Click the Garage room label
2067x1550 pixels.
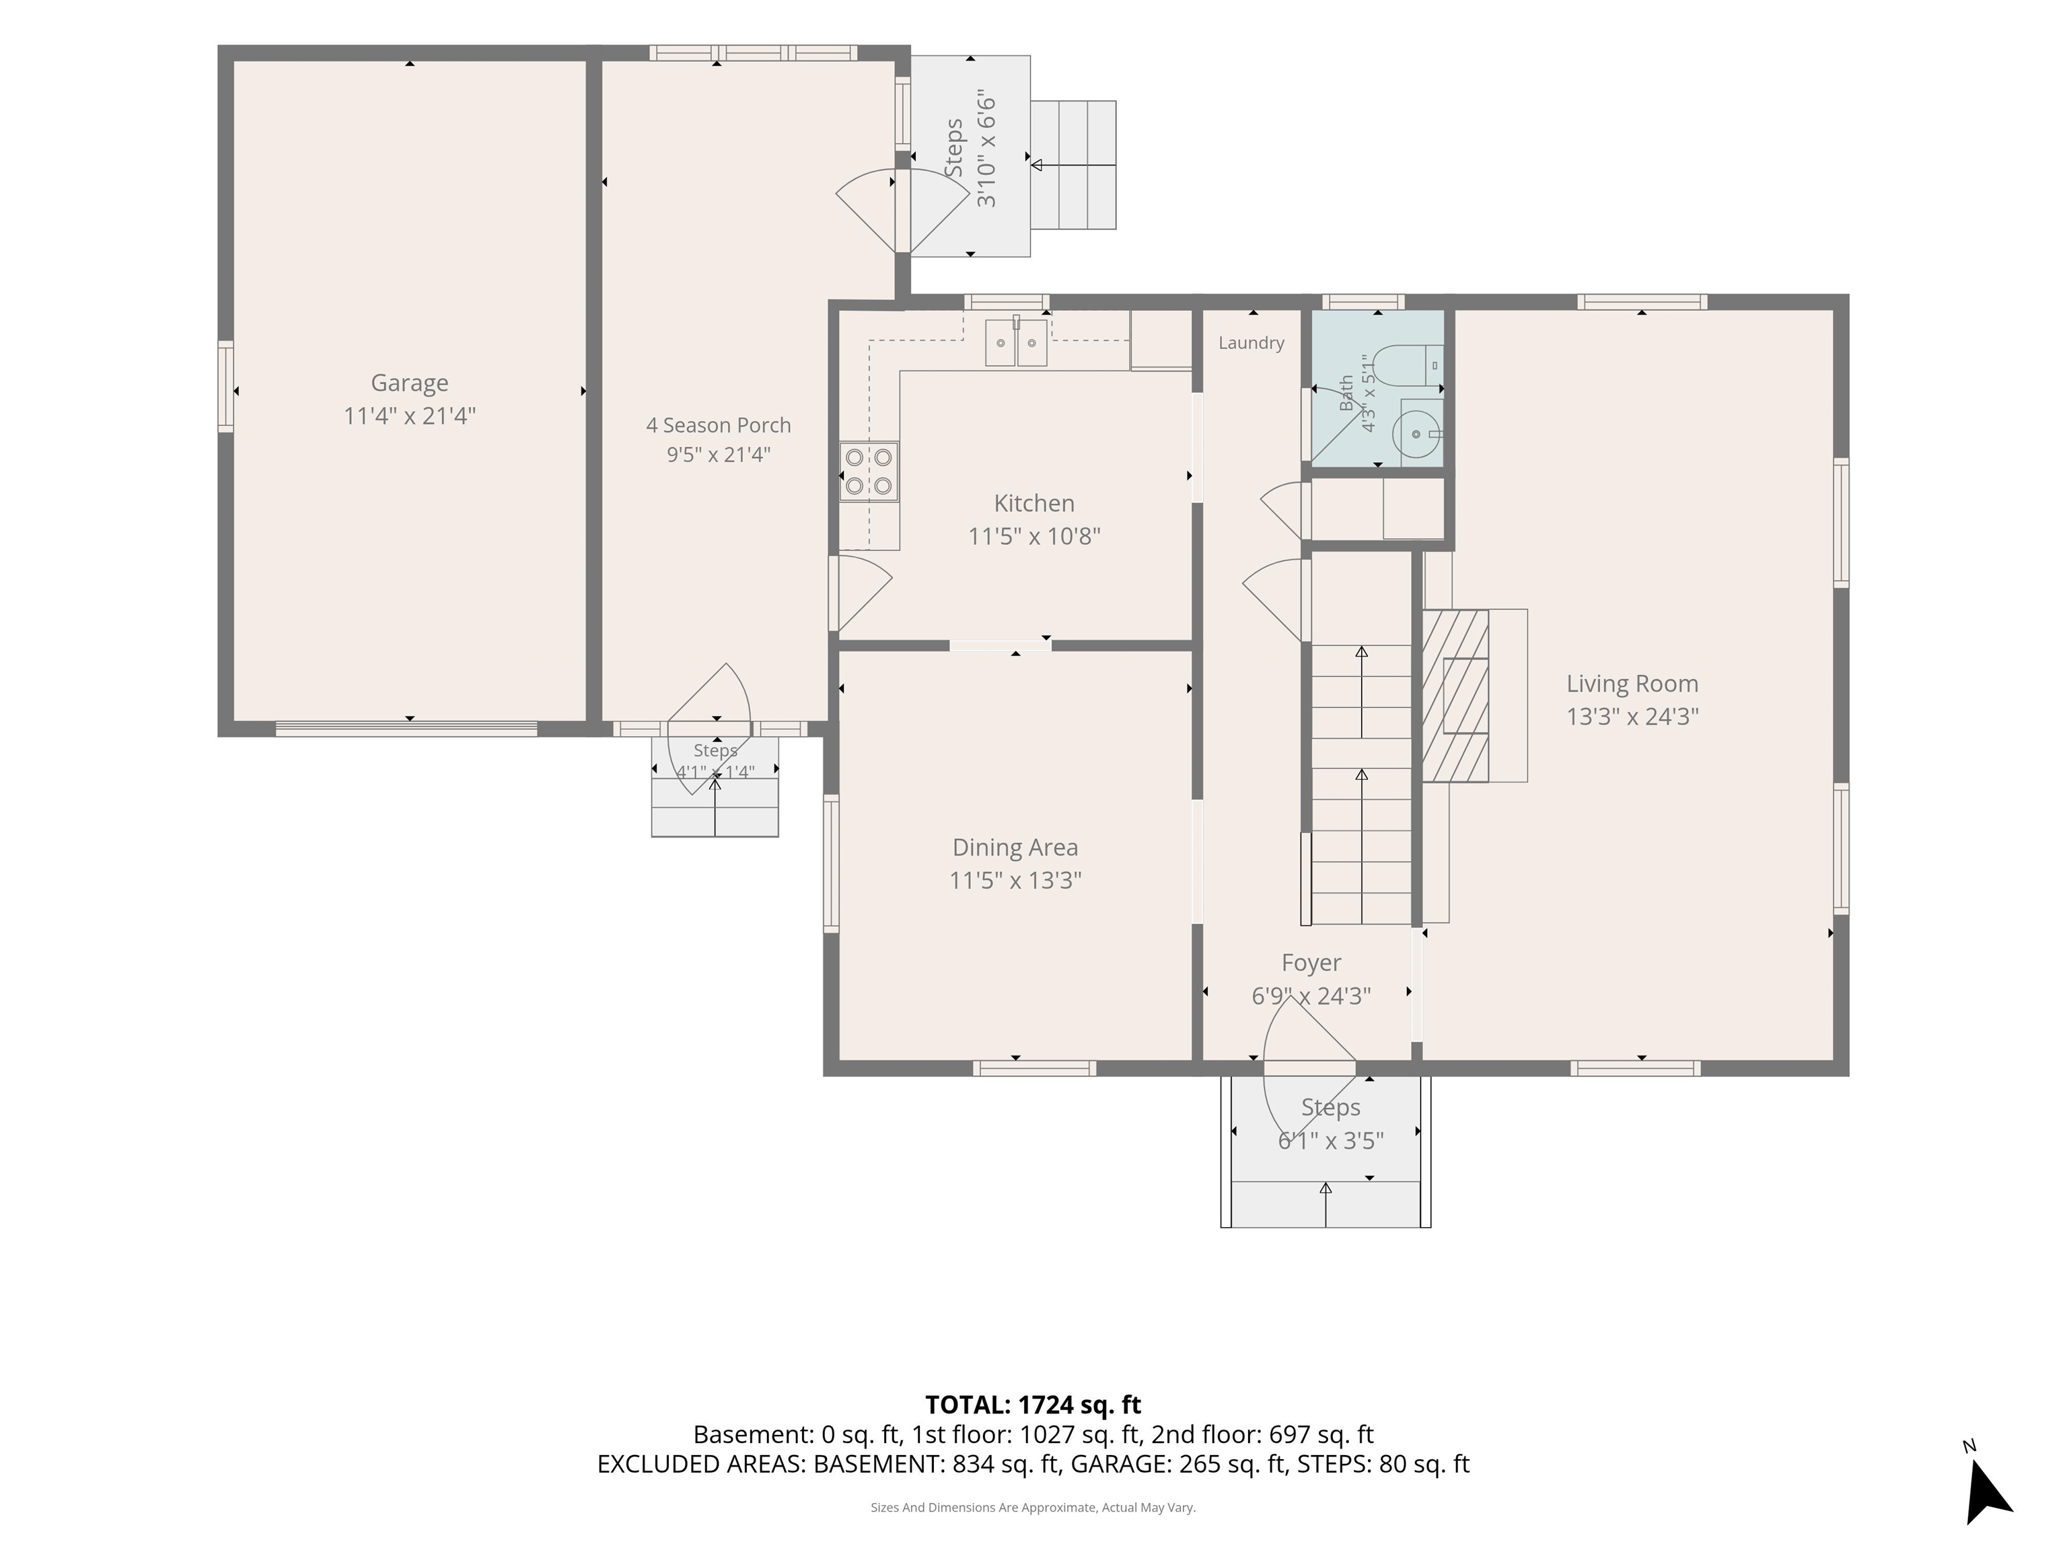click(x=409, y=383)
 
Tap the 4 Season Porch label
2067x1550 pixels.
click(x=719, y=425)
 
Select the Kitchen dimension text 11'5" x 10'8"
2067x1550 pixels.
click(x=1034, y=536)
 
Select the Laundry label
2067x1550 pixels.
click(x=1252, y=343)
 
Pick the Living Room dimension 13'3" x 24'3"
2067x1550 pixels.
click(x=1632, y=716)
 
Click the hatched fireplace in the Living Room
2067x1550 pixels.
click(x=1455, y=696)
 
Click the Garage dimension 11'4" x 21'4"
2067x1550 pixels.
click(x=409, y=416)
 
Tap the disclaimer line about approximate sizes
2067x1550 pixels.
click(x=1033, y=1507)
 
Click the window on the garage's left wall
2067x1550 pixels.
click(x=225, y=387)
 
